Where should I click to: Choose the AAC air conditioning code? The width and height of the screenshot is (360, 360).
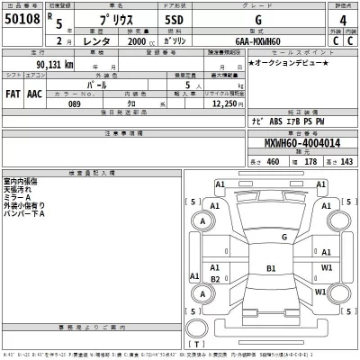point(34,93)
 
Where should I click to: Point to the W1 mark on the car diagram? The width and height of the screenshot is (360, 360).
point(327,267)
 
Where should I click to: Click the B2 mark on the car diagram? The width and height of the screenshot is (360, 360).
point(214,279)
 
